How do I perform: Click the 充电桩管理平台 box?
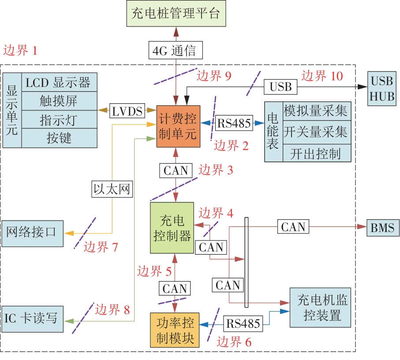176,13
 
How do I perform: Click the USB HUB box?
382,88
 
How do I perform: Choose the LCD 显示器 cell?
58,82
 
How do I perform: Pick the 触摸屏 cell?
58,101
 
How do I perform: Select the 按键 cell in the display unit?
58,139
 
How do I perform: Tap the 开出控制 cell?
315,153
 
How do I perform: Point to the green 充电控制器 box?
172,228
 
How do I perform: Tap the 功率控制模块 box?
175,330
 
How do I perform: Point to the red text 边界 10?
322,76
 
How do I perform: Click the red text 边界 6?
235,341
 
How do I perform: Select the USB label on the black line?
281,87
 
